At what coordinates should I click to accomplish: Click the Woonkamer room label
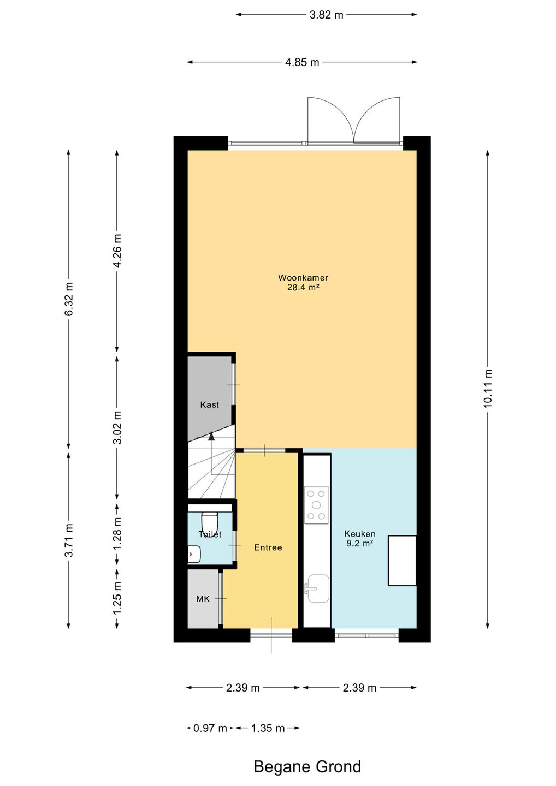[303, 277]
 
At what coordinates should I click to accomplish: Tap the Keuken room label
[360, 534]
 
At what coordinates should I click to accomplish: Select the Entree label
[268, 547]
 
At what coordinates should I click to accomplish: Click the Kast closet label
[210, 404]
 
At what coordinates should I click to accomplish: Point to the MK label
[203, 599]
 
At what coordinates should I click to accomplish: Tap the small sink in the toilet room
[194, 554]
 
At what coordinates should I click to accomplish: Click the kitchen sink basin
[317, 588]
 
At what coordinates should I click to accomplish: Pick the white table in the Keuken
[402, 561]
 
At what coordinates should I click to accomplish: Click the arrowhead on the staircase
[211, 436]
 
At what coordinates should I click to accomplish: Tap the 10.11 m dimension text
[488, 389]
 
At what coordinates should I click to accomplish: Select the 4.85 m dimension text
[302, 62]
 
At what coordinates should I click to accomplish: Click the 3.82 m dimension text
[326, 15]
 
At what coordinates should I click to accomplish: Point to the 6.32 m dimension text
[68, 299]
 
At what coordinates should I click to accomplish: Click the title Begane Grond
[307, 767]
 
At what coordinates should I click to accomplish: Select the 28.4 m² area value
[303, 288]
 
